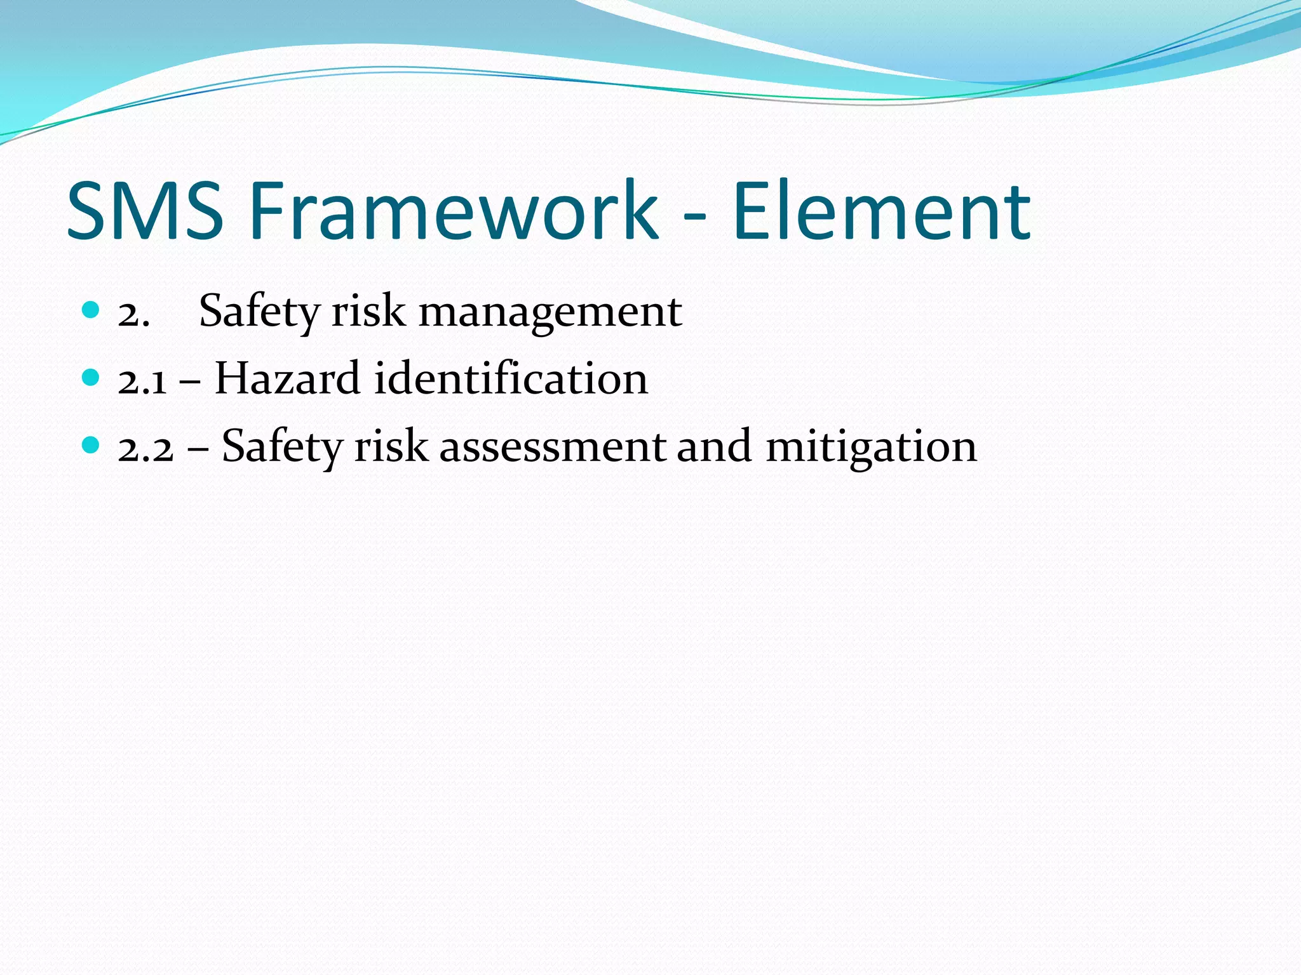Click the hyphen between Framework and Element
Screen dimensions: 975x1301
(695, 216)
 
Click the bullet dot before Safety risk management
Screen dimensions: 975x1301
(91, 310)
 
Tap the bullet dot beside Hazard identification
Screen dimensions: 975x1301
(91, 378)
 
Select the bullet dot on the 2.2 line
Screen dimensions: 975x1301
(91, 445)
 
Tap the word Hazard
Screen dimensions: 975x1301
(288, 379)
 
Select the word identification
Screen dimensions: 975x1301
(511, 379)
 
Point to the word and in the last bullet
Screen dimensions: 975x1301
(714, 446)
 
